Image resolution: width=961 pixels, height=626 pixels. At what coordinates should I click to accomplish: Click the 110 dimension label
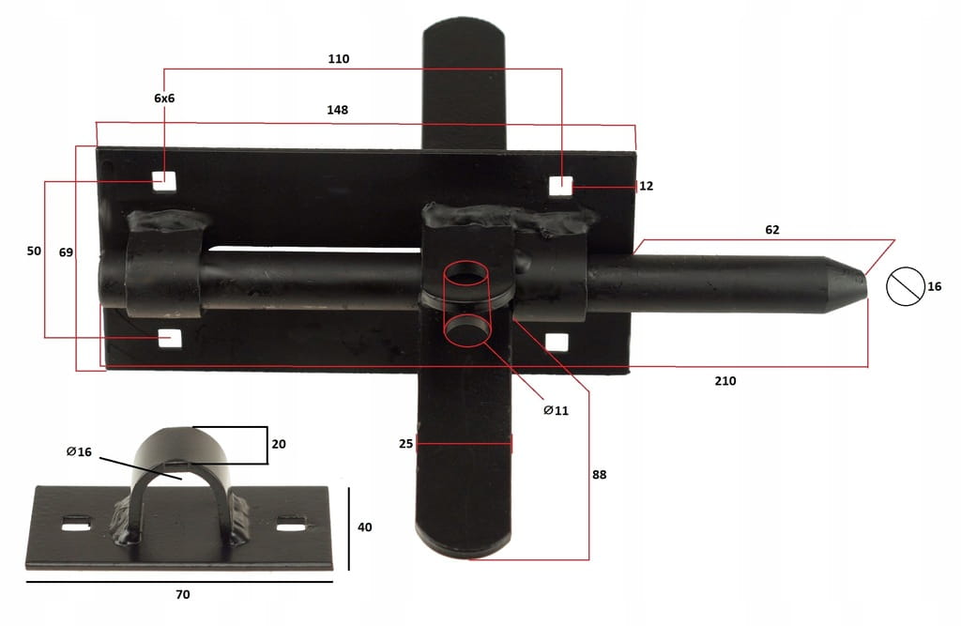click(338, 59)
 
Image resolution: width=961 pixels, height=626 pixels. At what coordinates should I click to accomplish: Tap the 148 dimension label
click(337, 110)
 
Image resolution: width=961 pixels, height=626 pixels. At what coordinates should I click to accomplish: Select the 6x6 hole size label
click(164, 99)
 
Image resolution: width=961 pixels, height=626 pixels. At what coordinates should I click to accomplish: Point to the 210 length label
click(725, 381)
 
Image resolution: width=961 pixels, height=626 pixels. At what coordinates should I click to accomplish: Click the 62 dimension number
click(772, 230)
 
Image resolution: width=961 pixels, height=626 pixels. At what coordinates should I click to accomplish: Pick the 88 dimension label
click(600, 475)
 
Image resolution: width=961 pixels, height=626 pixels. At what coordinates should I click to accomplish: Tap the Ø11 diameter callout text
click(557, 410)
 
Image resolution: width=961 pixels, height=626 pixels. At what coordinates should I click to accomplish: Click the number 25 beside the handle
click(405, 443)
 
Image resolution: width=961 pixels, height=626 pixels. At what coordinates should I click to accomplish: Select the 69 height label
click(67, 252)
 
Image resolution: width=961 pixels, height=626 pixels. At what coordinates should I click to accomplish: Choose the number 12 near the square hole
click(646, 186)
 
